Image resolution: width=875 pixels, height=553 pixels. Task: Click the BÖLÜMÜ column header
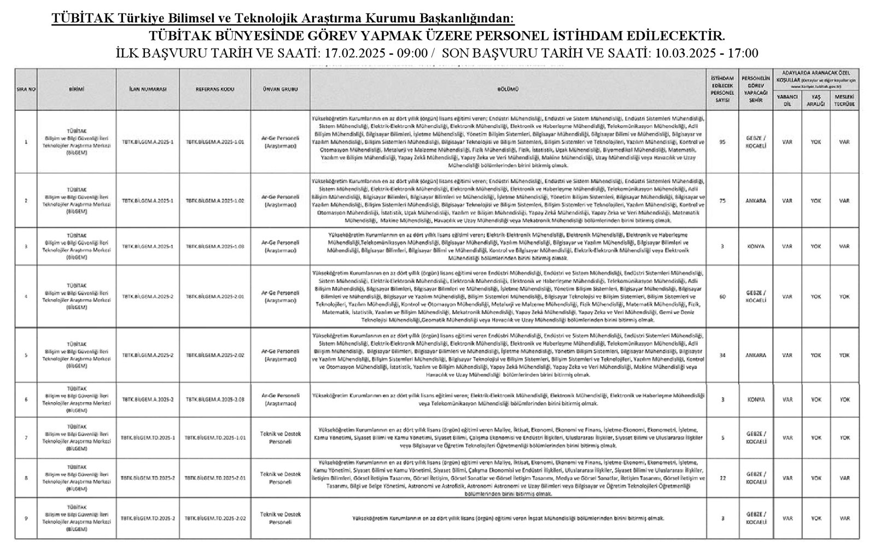pos(507,89)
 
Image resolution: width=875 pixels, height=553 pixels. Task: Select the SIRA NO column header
pos(26,89)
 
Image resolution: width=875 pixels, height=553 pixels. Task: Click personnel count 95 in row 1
pos(722,142)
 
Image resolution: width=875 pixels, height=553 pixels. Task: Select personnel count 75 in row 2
pos(722,201)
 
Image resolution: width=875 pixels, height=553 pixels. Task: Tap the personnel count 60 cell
pos(722,296)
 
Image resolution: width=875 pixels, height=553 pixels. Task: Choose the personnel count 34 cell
pos(722,355)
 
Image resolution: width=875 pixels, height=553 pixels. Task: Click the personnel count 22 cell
pos(722,478)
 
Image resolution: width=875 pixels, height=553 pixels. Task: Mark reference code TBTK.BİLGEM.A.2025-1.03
pos(214,246)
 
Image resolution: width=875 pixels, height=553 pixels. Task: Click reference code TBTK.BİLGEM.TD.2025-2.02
pos(214,518)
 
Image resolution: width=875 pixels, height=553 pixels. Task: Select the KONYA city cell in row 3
pos(755,246)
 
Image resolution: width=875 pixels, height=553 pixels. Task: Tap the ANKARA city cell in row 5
pos(755,355)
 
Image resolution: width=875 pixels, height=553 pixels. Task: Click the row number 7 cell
pos(26,438)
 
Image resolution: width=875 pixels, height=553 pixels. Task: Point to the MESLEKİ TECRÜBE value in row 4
pos(844,296)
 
